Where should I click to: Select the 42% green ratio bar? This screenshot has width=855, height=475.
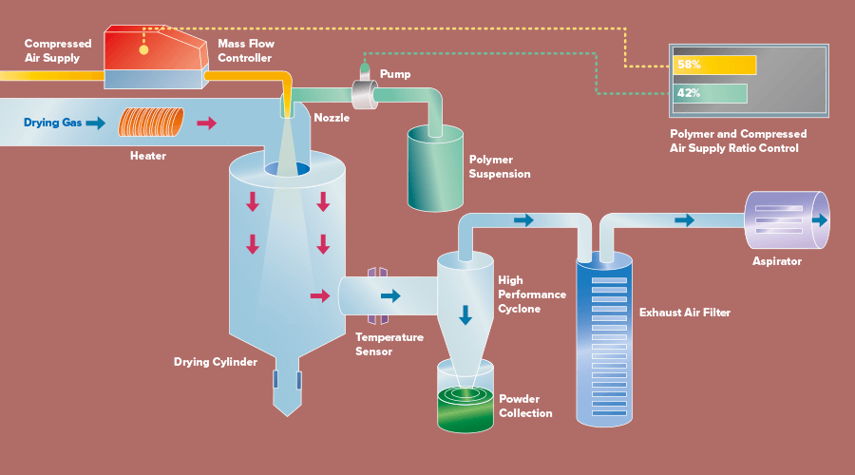(x=710, y=93)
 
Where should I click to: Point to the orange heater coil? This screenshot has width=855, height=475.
(x=152, y=123)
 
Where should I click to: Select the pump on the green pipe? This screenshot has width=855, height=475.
(x=363, y=93)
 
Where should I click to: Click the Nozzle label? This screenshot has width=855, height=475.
(x=332, y=118)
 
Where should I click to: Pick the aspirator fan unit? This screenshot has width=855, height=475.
(x=787, y=220)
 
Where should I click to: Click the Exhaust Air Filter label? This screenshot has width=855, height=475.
(x=682, y=312)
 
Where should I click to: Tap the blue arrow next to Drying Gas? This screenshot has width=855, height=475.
(x=95, y=123)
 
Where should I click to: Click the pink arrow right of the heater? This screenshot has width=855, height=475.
(x=206, y=123)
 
